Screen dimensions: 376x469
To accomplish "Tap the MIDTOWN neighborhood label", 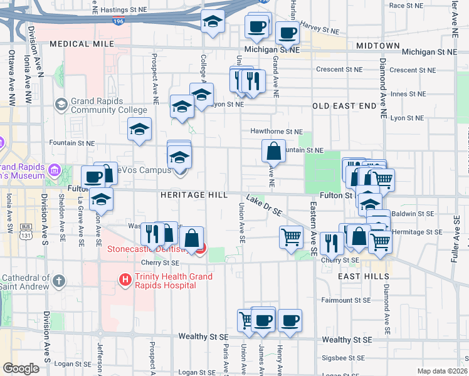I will point(377,46).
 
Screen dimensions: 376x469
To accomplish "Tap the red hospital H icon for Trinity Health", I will point(125,279).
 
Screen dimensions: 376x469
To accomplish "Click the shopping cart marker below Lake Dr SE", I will point(291,238).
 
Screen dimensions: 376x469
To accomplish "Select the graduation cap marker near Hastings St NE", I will point(213,22).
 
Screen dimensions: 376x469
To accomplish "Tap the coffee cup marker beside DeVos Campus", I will point(93,177).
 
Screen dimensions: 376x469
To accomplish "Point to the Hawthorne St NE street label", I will point(276,132).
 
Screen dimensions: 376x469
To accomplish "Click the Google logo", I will point(21,368).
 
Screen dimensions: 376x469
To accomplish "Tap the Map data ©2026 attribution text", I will point(442,371).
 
